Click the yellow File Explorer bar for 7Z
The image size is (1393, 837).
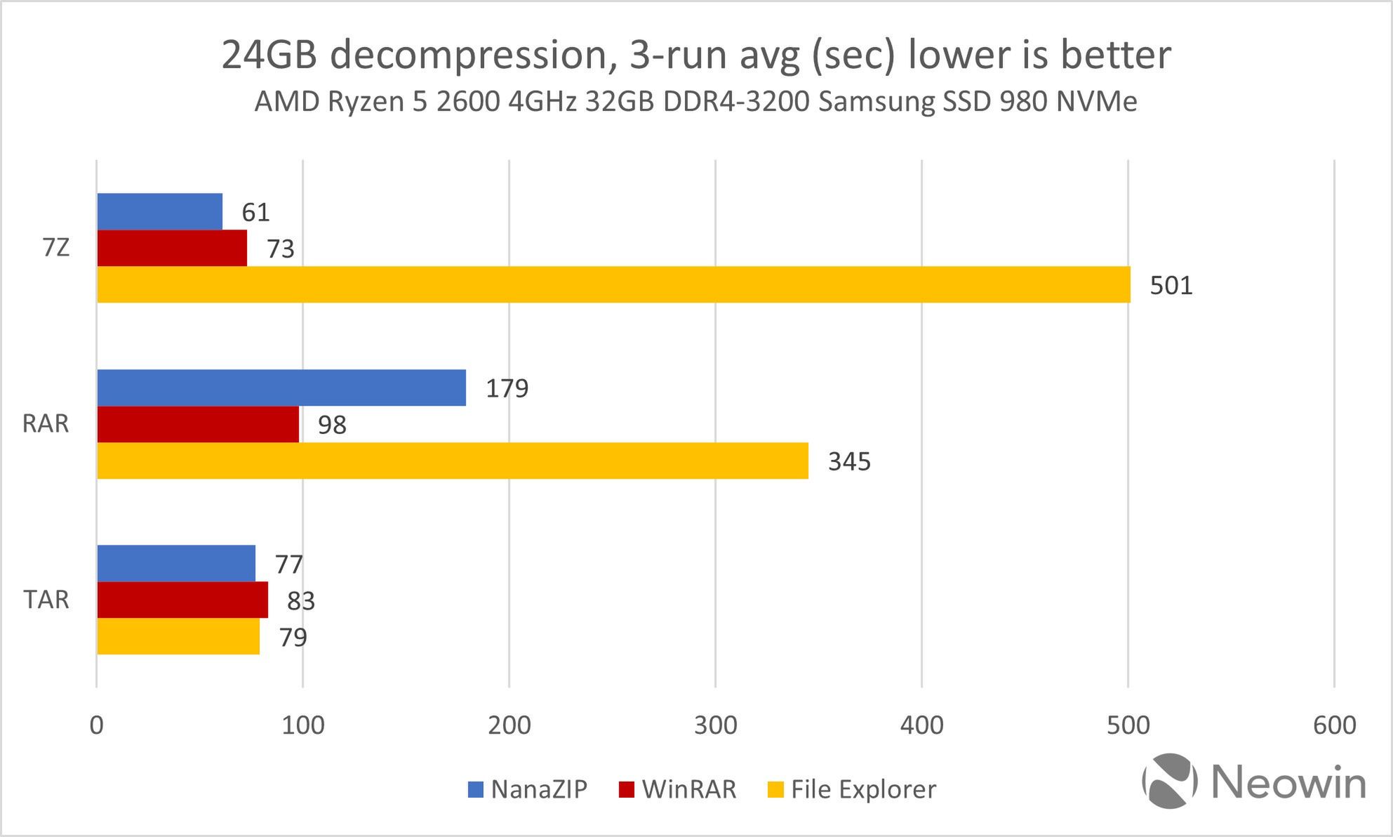(x=613, y=284)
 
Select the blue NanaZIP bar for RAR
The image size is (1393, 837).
(x=281, y=388)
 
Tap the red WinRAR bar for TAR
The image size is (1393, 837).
(x=182, y=600)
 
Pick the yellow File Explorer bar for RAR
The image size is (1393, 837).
(x=453, y=461)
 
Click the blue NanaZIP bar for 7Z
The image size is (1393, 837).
(x=159, y=211)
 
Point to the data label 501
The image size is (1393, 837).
(x=1171, y=286)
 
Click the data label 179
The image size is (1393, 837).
(x=507, y=388)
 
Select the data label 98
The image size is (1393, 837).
(x=332, y=425)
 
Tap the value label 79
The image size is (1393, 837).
(x=293, y=638)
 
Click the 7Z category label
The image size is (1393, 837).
(x=56, y=248)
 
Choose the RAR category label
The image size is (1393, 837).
(x=46, y=424)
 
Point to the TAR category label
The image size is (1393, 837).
(x=46, y=600)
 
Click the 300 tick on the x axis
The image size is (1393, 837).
(x=715, y=725)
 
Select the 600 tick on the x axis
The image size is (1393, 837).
(x=1334, y=725)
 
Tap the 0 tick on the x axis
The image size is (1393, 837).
(x=96, y=725)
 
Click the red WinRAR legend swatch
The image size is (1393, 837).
(x=626, y=790)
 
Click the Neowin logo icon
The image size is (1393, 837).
(x=1170, y=781)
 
